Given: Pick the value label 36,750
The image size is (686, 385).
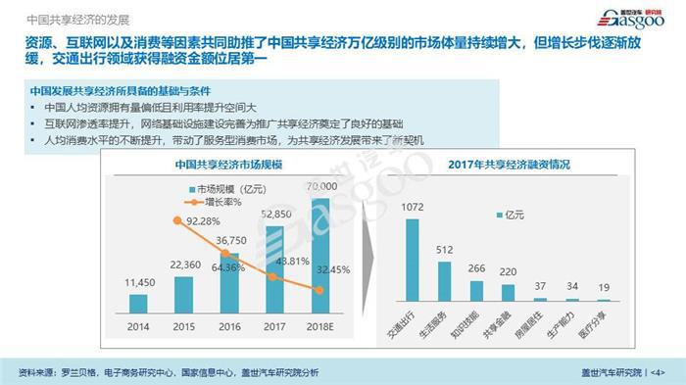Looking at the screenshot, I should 231,240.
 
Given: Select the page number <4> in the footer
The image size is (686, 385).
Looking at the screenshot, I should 658,372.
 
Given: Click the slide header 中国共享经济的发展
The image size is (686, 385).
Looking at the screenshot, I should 67,17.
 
